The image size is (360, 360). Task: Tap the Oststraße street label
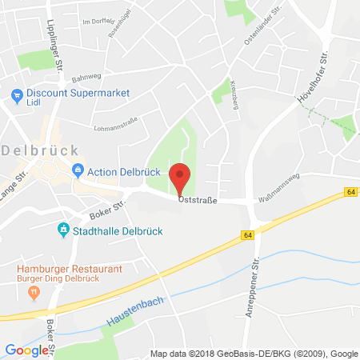pyautogui.click(x=197, y=201)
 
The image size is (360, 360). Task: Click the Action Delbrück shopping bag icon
pyautogui.click(x=78, y=169)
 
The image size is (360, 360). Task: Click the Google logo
pyautogui.click(x=26, y=350)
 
